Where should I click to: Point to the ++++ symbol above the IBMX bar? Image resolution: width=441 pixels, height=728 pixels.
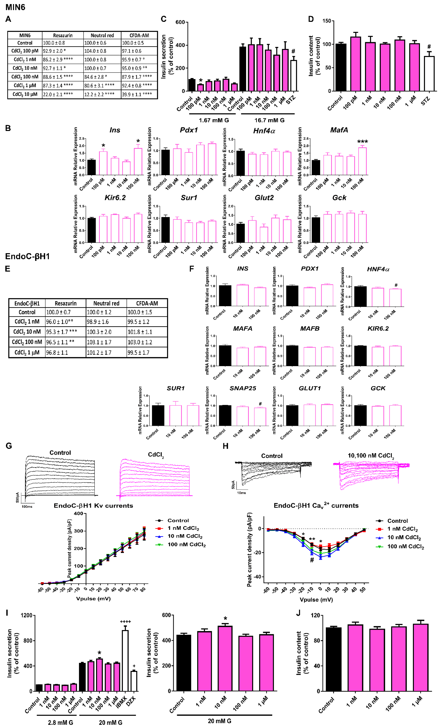(x=125, y=622)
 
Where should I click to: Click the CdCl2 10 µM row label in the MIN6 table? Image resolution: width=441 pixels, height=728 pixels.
(x=25, y=94)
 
